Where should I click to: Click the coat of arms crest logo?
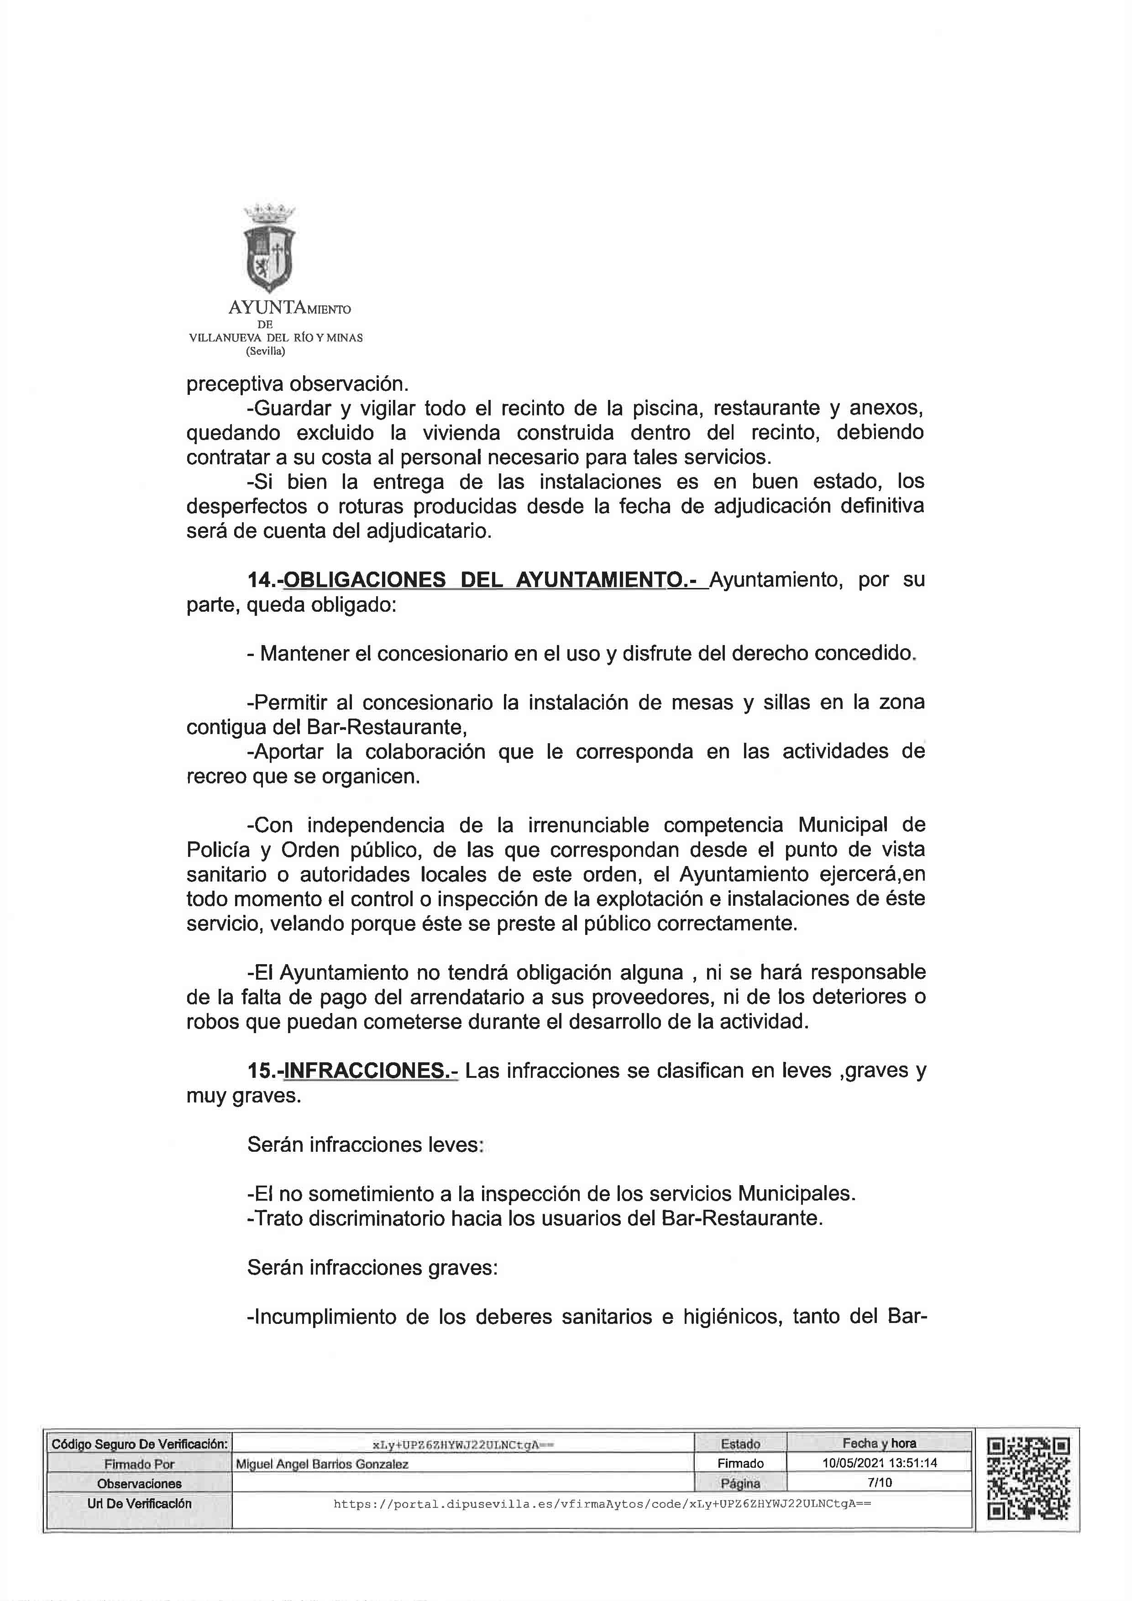click(269, 248)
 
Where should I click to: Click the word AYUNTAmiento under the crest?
click(289, 308)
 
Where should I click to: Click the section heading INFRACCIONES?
click(371, 1071)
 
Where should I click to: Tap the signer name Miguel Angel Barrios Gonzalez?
click(322, 1465)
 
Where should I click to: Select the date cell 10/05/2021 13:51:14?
click(879, 1463)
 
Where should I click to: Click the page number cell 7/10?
click(879, 1482)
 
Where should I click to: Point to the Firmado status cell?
click(740, 1464)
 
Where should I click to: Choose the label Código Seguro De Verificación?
click(139, 1444)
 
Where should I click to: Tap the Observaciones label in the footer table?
click(139, 1484)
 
